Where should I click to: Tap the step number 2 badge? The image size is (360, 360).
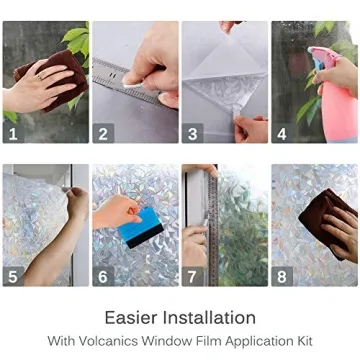tap(101, 132)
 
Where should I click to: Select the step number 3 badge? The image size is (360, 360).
tap(190, 132)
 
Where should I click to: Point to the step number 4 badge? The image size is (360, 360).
tap(280, 132)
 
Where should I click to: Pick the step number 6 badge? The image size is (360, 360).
tap(101, 276)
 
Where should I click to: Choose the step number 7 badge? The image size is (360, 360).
tap(190, 276)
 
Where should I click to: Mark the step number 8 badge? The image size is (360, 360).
tap(280, 276)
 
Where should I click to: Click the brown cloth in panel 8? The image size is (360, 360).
tap(329, 225)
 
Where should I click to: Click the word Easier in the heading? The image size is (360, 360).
tap(132, 318)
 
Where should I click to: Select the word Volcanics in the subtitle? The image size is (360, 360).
tap(147, 341)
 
